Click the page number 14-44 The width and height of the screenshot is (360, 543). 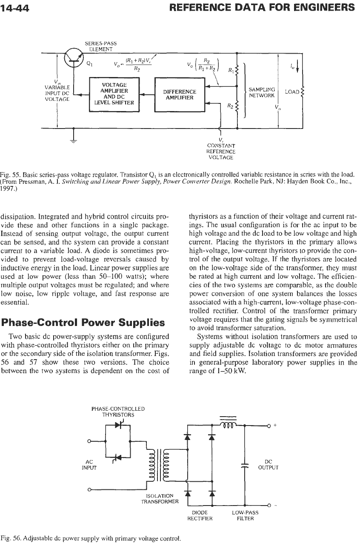15,9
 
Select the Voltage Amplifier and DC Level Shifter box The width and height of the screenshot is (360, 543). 114,94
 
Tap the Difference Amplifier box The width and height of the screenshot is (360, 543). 180,94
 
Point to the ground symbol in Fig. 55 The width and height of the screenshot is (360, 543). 74,141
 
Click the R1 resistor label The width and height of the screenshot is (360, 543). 231,71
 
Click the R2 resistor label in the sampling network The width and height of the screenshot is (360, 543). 230,106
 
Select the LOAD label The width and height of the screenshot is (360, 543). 292,92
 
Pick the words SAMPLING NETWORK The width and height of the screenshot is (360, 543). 262,92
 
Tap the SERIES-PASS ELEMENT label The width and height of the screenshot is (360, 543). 100,46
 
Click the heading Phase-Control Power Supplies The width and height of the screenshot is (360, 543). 83,323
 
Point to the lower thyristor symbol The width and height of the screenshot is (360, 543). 118,457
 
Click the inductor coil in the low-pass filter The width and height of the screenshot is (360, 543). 228,425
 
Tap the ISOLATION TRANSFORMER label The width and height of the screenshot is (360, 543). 160,499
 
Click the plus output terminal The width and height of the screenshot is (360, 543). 269,426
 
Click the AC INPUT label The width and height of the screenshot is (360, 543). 89,464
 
